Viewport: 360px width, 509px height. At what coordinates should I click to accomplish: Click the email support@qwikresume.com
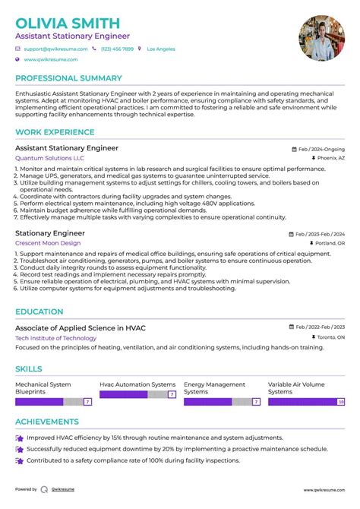click(x=55, y=49)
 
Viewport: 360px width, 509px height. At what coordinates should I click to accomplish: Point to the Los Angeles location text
click(x=160, y=49)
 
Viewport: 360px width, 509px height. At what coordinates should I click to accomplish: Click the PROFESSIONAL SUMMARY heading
click(x=68, y=78)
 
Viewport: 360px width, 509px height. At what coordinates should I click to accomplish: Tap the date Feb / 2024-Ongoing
click(x=321, y=150)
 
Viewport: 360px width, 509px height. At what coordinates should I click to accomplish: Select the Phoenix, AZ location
click(x=330, y=159)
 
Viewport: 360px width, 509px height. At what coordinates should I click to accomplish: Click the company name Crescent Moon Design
click(x=47, y=243)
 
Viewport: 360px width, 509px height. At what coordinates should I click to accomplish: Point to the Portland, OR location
click(x=330, y=243)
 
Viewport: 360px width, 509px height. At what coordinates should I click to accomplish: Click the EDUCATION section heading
click(x=39, y=311)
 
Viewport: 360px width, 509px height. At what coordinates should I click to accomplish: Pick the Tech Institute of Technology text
click(x=55, y=337)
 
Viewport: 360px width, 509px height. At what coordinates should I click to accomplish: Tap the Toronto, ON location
click(x=330, y=337)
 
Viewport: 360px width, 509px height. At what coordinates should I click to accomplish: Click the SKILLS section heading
click(x=29, y=368)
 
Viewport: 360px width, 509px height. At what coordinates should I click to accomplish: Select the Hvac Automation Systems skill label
click(x=137, y=385)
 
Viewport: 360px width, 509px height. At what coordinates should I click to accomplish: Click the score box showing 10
click(x=341, y=402)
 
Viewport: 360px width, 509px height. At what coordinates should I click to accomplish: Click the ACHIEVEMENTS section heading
click(x=47, y=422)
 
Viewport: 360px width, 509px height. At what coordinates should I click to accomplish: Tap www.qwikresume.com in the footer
click(x=324, y=490)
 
